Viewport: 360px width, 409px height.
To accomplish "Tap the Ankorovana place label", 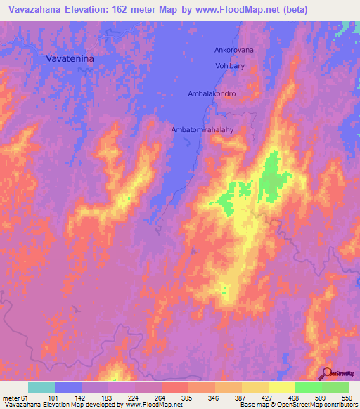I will (x=233, y=51).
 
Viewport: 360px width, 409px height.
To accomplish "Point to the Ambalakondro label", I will (x=212, y=93).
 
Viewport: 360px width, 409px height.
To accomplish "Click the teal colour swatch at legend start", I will (x=41, y=387).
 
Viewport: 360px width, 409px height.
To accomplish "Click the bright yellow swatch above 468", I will (x=281, y=387).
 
